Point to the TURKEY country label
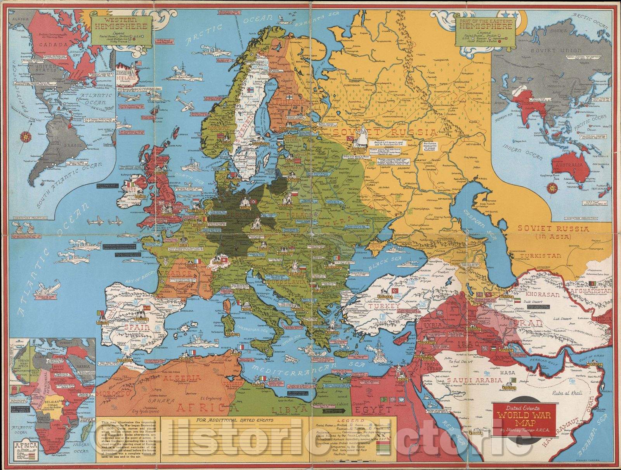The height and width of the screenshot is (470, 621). (384, 306)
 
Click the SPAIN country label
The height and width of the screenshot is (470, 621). (137, 327)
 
